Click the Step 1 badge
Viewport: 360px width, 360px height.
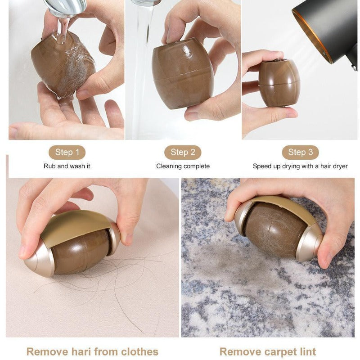click(x=67, y=152)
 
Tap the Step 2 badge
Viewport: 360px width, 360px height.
click(x=182, y=153)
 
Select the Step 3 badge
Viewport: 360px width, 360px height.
click(x=300, y=152)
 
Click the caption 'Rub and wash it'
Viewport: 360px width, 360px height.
click(x=67, y=166)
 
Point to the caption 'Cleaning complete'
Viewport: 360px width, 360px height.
click(x=183, y=166)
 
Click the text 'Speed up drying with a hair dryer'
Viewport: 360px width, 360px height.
click(x=300, y=166)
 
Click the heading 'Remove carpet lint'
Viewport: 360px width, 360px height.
click(x=268, y=351)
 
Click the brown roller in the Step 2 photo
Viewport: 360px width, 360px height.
click(x=182, y=72)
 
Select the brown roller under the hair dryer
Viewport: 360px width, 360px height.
click(x=279, y=83)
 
